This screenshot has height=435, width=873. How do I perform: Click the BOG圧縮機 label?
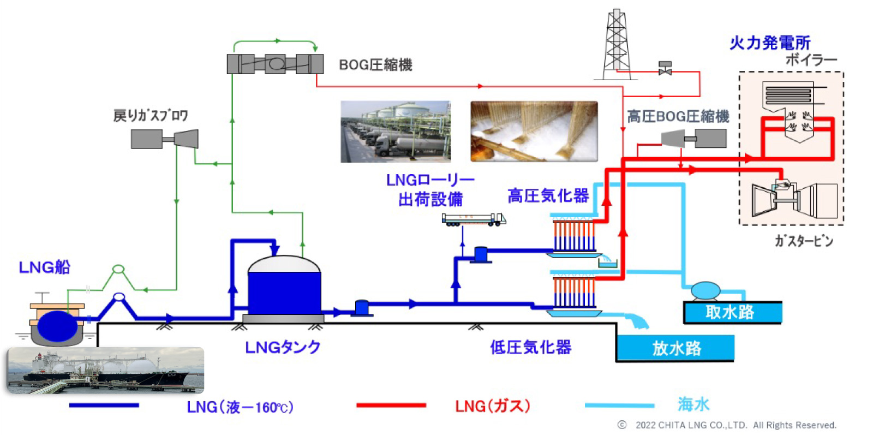click(375, 65)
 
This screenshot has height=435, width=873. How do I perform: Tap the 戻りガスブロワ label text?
click(151, 116)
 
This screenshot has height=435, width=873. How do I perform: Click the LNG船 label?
click(45, 267)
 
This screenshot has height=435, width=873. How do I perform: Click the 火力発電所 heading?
click(770, 43)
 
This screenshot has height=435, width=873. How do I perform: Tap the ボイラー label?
click(811, 59)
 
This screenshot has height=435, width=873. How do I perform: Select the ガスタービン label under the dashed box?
click(804, 241)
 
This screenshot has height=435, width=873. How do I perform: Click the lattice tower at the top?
click(617, 44)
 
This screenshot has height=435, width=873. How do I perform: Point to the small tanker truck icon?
click(473, 219)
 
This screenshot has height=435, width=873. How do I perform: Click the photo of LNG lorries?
click(396, 132)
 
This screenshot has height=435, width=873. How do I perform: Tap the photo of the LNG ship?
click(105, 370)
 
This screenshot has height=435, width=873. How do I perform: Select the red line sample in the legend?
click(391, 406)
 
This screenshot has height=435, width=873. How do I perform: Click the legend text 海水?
click(693, 404)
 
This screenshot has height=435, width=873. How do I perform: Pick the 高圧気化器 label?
click(548, 195)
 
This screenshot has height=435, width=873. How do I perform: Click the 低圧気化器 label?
click(530, 347)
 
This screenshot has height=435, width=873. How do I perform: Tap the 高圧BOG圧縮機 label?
click(678, 116)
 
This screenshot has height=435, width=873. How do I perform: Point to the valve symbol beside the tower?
click(665, 69)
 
